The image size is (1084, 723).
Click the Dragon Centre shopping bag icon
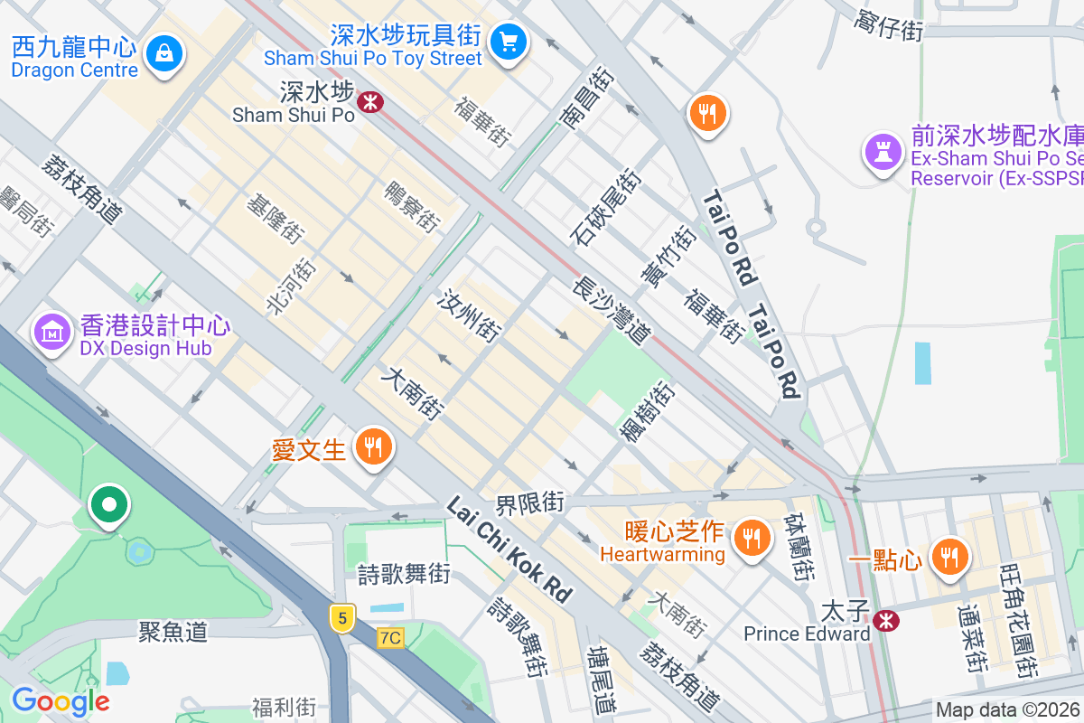(164, 53)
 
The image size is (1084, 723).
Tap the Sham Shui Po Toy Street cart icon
(508, 40)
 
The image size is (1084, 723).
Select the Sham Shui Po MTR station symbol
(369, 101)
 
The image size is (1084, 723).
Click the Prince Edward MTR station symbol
(886, 620)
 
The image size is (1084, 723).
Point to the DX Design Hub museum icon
(53, 332)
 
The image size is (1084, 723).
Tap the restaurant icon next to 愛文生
(372, 446)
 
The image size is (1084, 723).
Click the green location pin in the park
(109, 505)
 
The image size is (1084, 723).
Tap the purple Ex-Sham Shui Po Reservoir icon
(881, 151)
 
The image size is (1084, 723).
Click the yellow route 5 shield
(341, 619)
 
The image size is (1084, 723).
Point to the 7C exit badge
(390, 638)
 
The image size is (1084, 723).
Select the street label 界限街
(529, 502)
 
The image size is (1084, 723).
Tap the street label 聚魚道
(173, 632)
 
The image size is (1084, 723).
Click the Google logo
(61, 701)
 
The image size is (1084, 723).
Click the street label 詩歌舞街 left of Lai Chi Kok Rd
(403, 573)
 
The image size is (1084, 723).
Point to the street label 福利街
(284, 707)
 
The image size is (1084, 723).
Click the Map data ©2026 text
(1007, 710)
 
